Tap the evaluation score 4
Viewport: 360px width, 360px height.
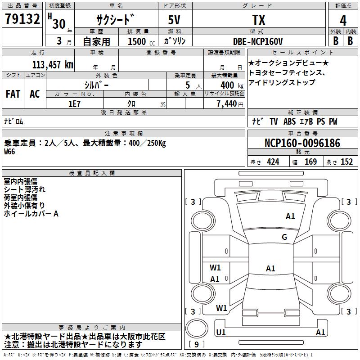tap(343, 20)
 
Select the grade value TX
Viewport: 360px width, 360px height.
tap(258, 20)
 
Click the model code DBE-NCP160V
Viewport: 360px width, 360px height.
tap(258, 41)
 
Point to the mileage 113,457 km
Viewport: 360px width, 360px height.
tap(52, 64)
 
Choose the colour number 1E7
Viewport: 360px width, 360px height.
tap(74, 103)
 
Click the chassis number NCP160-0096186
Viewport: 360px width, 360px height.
tap(302, 143)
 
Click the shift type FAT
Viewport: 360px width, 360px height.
tap(13, 94)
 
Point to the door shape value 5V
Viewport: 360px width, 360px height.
tap(175, 20)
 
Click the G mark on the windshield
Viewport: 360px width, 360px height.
tap(284, 237)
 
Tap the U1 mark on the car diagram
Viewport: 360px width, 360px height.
tap(221, 332)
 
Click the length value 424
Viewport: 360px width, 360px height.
tap(273, 162)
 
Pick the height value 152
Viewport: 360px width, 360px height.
tap(346, 162)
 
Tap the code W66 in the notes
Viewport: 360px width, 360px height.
tap(10, 152)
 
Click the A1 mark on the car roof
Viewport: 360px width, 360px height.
tap(270, 269)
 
